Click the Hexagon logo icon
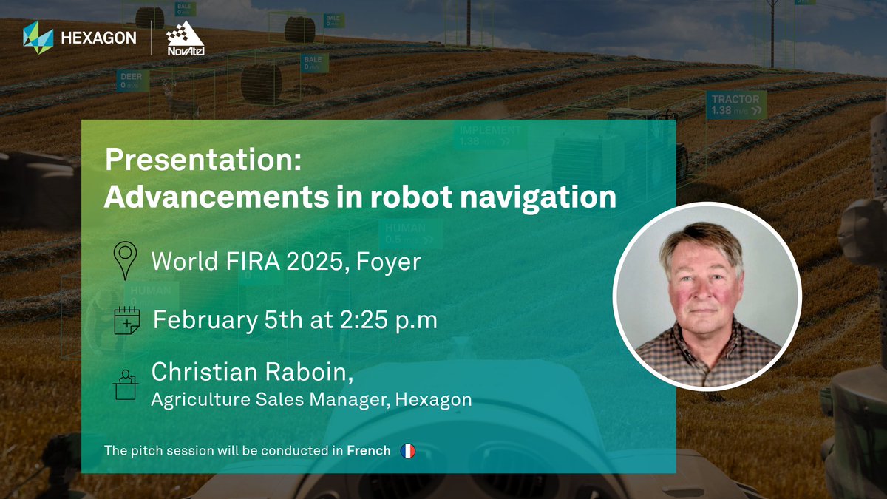click(x=38, y=38)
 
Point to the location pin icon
click(x=125, y=260)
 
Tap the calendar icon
click(x=126, y=321)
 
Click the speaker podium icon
click(x=125, y=384)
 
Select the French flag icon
click(x=407, y=450)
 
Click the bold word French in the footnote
click(x=368, y=450)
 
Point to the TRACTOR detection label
click(x=735, y=104)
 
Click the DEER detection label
click(x=132, y=80)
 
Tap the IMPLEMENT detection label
click(x=490, y=135)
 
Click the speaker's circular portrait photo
click(x=707, y=296)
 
